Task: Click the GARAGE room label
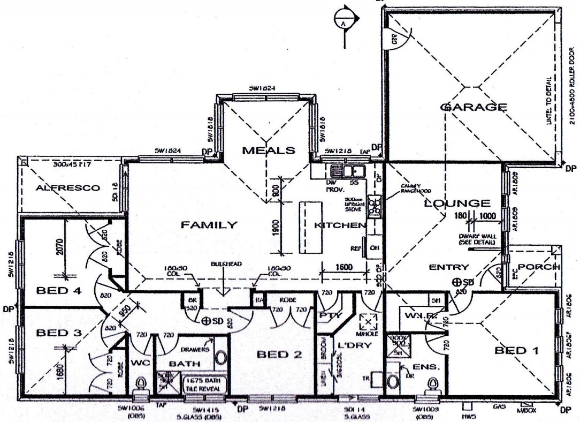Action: point(472,107)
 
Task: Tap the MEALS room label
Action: point(269,150)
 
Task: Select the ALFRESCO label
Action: point(68,188)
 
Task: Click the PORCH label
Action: point(539,267)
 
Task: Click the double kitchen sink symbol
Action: point(348,171)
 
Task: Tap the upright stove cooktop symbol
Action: point(375,207)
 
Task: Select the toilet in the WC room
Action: point(142,384)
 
